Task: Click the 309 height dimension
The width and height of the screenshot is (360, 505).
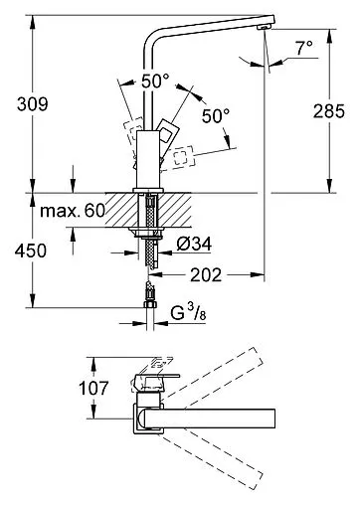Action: point(33,104)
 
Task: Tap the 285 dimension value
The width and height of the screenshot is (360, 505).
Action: point(329,111)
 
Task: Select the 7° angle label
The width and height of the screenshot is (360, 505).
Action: point(304,48)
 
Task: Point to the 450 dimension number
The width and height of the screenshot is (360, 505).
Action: point(31,251)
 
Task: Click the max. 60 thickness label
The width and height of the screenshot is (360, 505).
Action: point(73,211)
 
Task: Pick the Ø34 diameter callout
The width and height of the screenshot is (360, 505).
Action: point(194,245)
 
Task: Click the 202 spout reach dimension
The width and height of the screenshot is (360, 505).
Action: point(206,275)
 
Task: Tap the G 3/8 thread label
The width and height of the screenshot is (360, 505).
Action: point(188,312)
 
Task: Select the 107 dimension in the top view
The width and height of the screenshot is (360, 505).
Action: point(93,388)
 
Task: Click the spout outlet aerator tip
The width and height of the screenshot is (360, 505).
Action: point(265,28)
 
